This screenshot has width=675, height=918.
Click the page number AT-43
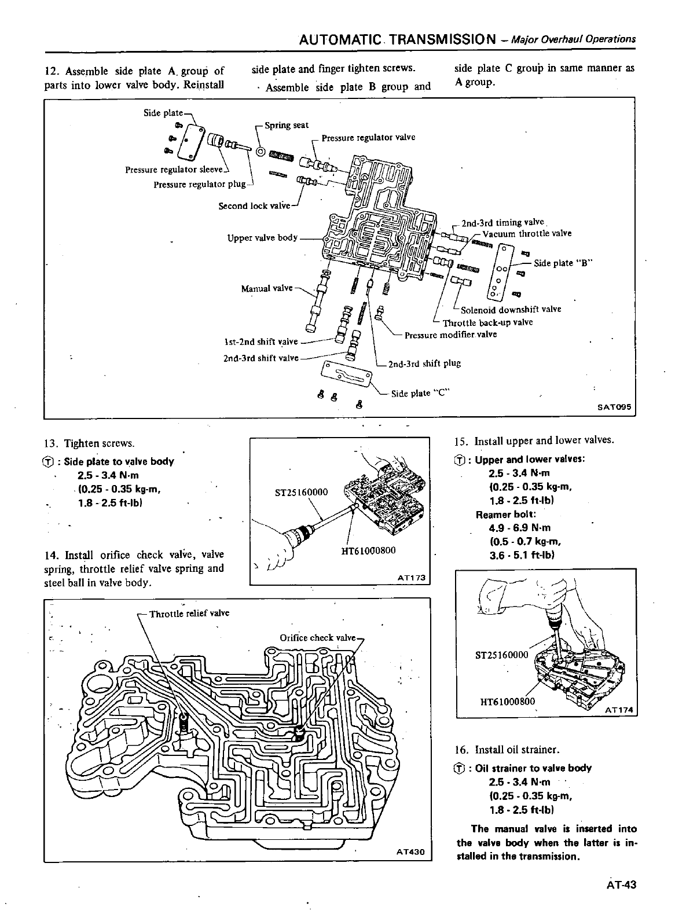coord(622,884)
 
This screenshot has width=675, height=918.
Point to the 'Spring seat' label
coord(286,125)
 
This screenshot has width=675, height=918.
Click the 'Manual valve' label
coord(267,288)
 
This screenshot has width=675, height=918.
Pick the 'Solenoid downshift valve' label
coord(511,309)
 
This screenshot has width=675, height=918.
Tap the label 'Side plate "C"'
coord(421,394)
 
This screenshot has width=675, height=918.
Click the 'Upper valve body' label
coord(263,237)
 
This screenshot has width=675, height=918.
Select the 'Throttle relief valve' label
coord(189,614)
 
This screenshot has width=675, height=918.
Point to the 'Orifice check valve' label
coord(318,638)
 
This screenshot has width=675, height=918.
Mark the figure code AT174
coord(619,710)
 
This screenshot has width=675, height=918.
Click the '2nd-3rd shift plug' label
coord(424,363)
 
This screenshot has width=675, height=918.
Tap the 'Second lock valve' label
coord(254,206)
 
